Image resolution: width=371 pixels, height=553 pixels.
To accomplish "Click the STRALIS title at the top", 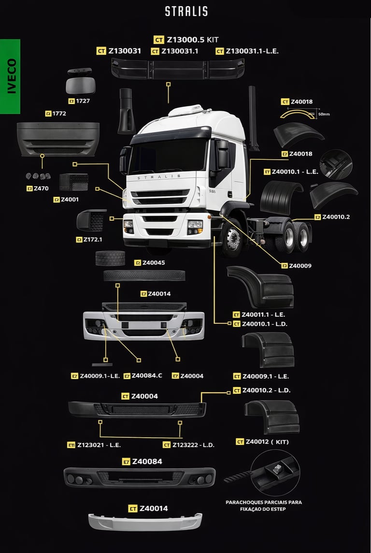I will pyautogui.click(x=186, y=11).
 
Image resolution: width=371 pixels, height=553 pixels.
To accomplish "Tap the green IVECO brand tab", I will pyautogui.click(x=10, y=76).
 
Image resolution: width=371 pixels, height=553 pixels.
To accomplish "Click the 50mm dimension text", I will pyautogui.click(x=324, y=114).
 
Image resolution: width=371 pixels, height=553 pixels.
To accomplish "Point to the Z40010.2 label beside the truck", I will pyautogui.click(x=336, y=217).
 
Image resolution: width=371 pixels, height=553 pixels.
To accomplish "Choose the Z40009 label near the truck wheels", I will pyautogui.click(x=300, y=266).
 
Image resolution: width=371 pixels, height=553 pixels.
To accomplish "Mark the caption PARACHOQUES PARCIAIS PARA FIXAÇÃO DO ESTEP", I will pyautogui.click(x=264, y=506).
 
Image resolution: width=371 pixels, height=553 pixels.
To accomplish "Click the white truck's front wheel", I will pyautogui.click(x=231, y=239).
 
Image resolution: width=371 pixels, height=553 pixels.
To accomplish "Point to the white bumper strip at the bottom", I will pyautogui.click(x=145, y=522).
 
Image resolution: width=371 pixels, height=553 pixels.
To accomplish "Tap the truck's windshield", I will pyautogui.click(x=168, y=156).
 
